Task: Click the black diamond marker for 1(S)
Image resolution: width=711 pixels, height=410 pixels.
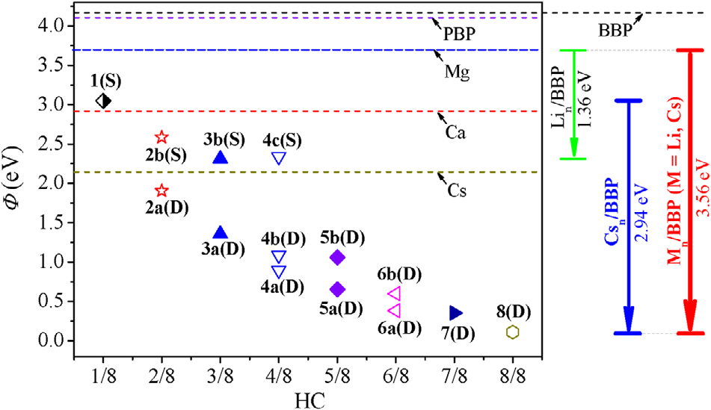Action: click(104, 100)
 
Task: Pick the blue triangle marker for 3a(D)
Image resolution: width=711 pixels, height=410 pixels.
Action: click(220, 233)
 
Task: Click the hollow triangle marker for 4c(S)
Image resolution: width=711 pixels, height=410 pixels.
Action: click(279, 158)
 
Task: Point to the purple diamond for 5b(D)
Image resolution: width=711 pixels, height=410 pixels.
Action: click(337, 257)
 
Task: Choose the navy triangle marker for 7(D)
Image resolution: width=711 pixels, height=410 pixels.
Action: click(455, 312)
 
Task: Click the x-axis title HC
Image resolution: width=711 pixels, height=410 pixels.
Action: click(308, 397)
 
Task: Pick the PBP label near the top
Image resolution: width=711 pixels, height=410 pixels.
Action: click(458, 34)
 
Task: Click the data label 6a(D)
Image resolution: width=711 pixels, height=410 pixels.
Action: click(397, 326)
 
